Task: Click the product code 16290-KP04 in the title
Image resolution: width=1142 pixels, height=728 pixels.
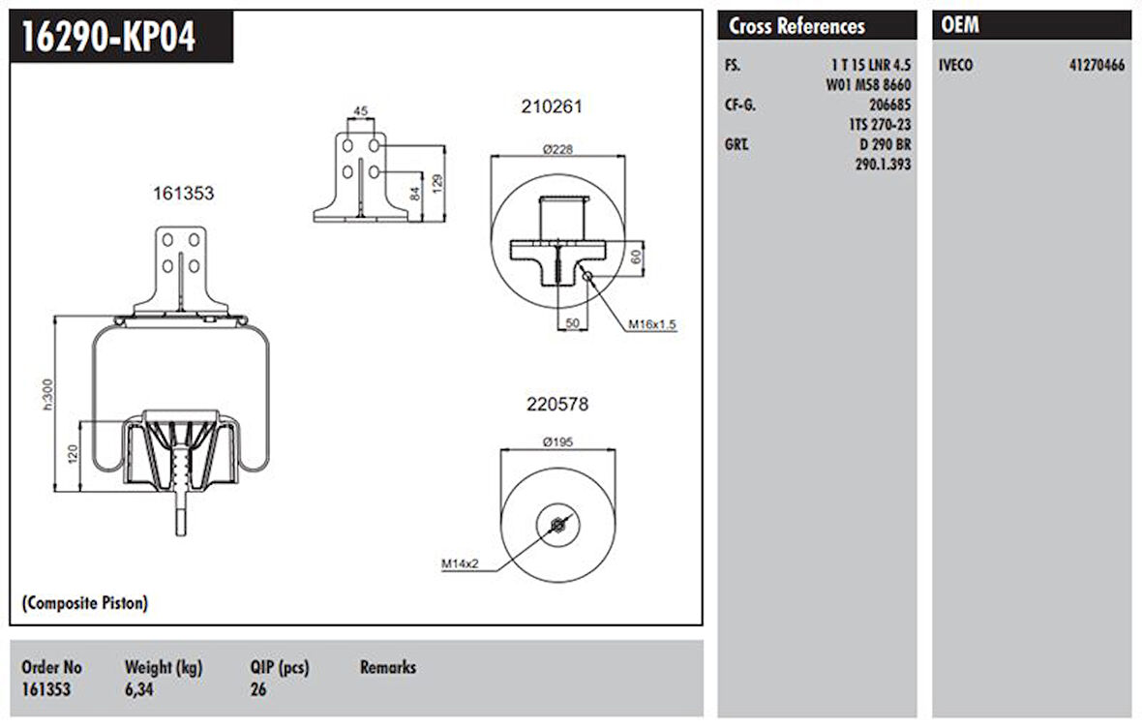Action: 109,38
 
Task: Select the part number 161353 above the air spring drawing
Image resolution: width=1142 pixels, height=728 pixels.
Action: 183,194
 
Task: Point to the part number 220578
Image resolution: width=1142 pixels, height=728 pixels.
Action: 556,405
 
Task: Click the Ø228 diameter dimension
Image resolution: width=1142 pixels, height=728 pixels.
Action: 557,149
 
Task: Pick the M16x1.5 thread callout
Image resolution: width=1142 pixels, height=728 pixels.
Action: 651,324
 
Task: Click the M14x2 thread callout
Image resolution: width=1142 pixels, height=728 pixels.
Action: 462,562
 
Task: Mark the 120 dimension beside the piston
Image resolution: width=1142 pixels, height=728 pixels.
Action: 73,452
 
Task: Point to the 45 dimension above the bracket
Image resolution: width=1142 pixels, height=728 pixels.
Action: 360,111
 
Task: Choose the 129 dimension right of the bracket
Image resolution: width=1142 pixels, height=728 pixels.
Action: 438,183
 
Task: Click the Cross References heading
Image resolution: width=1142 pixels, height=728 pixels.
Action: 796,26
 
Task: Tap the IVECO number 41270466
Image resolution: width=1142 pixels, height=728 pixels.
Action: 1097,66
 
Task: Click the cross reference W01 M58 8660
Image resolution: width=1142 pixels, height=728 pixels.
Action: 866,85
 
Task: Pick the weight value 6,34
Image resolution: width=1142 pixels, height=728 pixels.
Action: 139,690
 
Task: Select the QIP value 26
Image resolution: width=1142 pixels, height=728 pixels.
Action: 257,690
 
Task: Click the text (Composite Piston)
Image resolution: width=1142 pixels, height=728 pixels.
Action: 85,603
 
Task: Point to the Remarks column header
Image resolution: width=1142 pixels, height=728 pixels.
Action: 387,667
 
